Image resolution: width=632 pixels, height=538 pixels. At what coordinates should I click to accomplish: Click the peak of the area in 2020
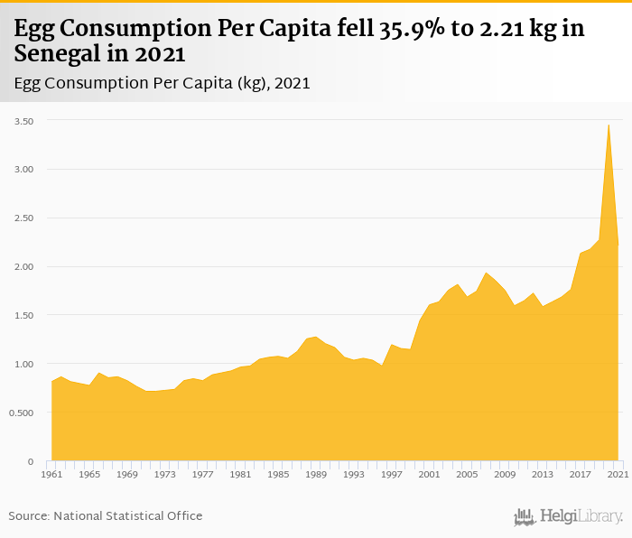coord(609,125)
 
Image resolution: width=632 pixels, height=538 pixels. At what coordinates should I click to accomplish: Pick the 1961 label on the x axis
coord(51,474)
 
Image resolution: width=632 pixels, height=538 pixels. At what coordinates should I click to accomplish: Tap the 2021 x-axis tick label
coord(618,474)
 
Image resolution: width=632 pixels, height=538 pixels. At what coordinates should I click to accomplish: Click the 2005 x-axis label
coord(467,474)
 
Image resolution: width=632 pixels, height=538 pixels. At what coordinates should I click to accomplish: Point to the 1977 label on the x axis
coord(202,474)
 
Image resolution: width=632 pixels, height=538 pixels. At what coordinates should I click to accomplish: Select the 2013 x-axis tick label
coord(542,474)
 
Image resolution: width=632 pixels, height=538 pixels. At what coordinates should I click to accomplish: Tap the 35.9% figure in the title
coord(359,29)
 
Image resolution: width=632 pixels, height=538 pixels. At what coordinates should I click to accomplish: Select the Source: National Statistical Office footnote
coord(106,515)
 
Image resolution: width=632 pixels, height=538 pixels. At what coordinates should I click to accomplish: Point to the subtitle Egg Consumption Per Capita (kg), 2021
coord(163,84)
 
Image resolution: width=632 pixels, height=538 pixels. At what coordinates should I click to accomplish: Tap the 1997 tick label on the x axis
coord(392,474)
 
